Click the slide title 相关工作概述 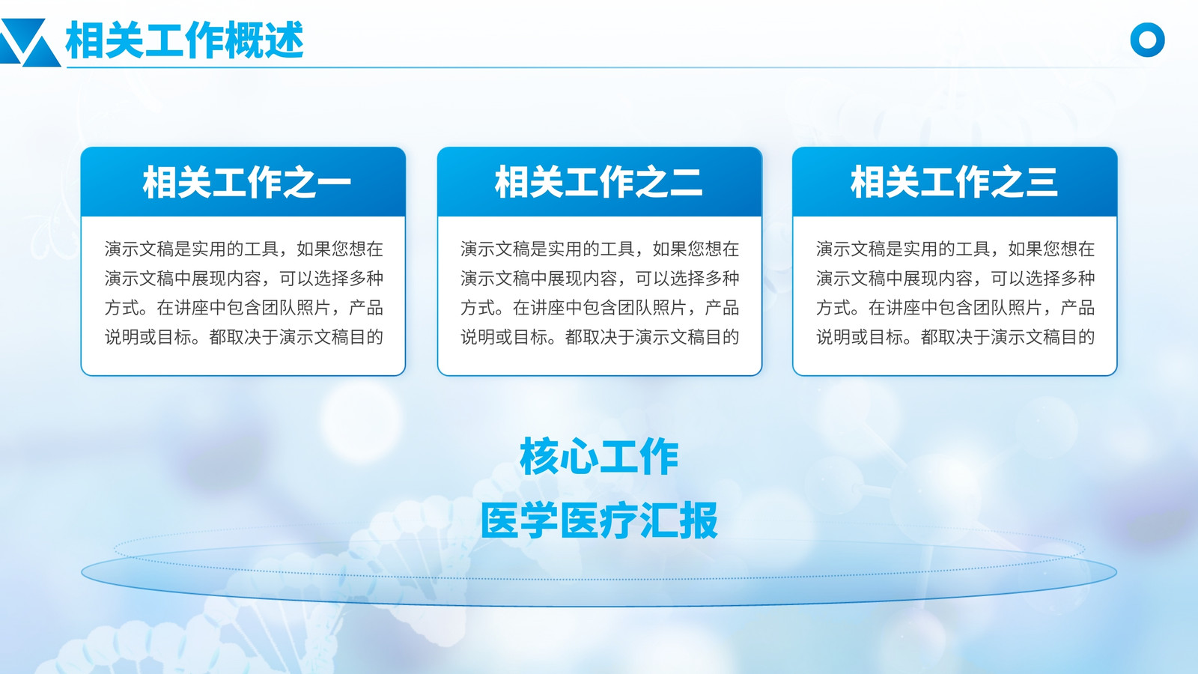point(184,40)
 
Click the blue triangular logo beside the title point(29,43)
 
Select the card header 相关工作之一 point(246,182)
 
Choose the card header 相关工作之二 point(598,182)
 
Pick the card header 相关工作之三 point(954,182)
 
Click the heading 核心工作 point(599,456)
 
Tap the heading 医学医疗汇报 point(599,520)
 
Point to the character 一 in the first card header point(334,183)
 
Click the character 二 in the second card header point(686,182)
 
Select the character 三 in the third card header point(1042,182)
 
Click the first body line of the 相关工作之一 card point(244,249)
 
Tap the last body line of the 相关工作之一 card point(244,337)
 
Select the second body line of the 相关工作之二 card point(600,278)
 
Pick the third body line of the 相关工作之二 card point(600,308)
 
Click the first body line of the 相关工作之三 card point(955,249)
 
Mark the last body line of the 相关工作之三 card point(955,337)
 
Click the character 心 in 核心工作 point(580,457)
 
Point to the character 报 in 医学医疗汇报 point(699,520)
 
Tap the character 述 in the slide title point(285,40)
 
